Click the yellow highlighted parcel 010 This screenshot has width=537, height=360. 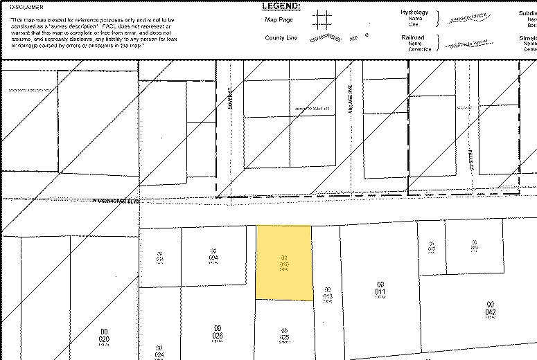(x=283, y=263)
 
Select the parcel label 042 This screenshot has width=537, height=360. (x=490, y=309)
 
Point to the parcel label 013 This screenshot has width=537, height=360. (x=329, y=294)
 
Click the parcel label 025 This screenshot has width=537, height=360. (x=283, y=334)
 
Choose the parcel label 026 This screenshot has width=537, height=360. (x=217, y=332)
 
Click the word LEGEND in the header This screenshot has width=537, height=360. (x=281, y=6)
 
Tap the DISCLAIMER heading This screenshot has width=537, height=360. (x=21, y=8)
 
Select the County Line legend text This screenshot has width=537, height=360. (x=281, y=38)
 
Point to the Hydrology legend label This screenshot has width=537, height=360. (x=414, y=12)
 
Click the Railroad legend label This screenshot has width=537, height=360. (x=412, y=37)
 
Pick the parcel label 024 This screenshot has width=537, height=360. (x=159, y=352)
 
